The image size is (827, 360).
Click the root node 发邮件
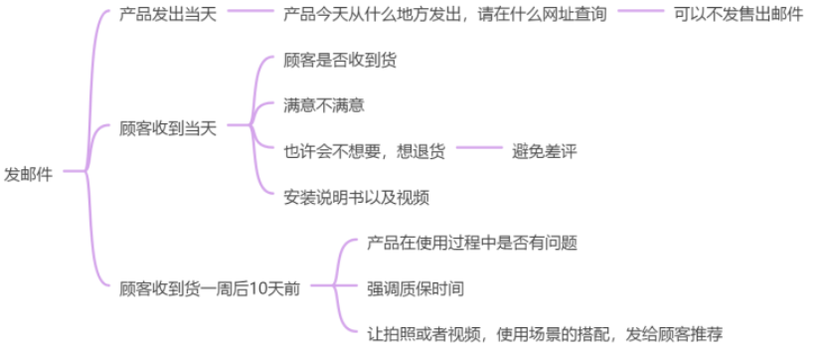coord(29,172)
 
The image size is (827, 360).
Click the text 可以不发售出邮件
coord(738,16)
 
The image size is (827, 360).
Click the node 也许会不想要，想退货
coord(365,150)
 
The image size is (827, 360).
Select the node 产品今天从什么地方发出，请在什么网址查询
coord(445,16)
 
